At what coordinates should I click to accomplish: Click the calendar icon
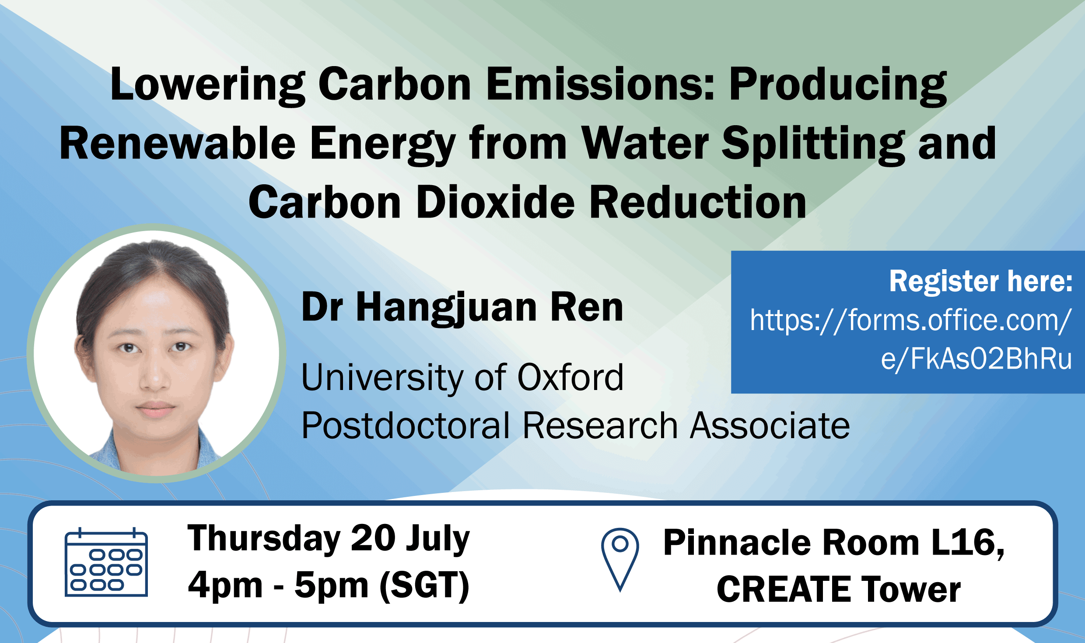106,562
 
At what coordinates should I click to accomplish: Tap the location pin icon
620,560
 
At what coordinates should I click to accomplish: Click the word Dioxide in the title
495,202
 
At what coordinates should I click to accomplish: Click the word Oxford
570,377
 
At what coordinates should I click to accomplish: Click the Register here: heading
981,281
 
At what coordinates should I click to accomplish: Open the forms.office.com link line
911,320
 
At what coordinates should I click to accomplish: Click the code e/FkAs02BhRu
976,359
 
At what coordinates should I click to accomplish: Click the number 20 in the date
373,538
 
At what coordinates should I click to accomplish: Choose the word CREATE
783,589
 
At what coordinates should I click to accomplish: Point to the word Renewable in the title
178,143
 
